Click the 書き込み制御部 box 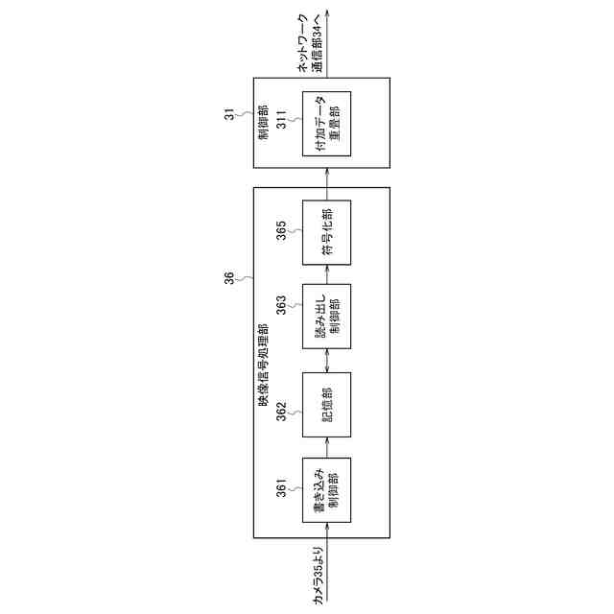[x=327, y=489]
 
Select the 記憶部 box [x=327, y=404]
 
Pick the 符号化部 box [x=327, y=231]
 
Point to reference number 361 [x=282, y=489]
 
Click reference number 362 [x=282, y=411]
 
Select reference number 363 [x=282, y=304]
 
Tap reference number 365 [x=282, y=232]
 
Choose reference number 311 [x=282, y=122]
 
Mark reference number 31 [x=229, y=114]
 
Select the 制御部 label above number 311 [x=263, y=121]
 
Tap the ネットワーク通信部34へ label [x=311, y=44]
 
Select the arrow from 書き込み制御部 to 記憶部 [x=327, y=446]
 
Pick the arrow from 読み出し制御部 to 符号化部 [x=327, y=274]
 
